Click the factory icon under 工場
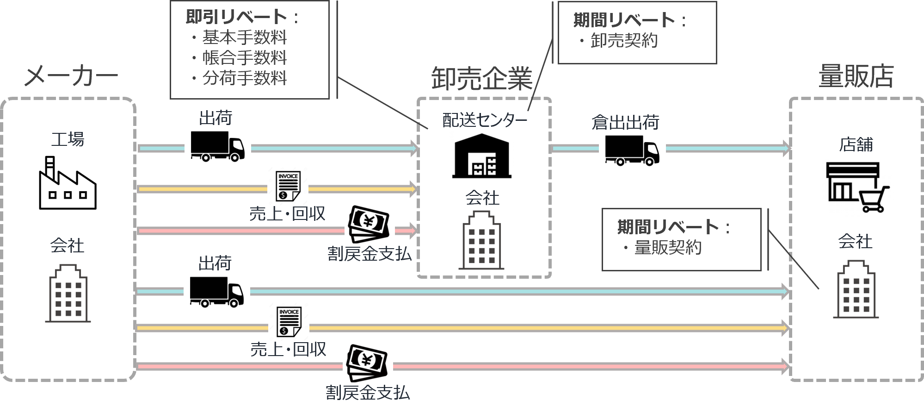tap(68, 181)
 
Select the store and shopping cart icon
tap(858, 188)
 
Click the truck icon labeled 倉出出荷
tap(632, 151)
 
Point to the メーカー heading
tap(70, 76)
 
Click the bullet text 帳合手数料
tap(244, 57)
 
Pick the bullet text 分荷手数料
tap(244, 77)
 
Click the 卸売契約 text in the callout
tap(624, 41)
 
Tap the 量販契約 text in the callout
tap(667, 247)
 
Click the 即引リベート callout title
tap(236, 17)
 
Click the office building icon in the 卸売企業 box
tap(481, 241)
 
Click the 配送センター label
tap(484, 120)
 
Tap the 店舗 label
tap(856, 145)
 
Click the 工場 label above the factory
tap(68, 138)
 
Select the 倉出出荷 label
tap(625, 123)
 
